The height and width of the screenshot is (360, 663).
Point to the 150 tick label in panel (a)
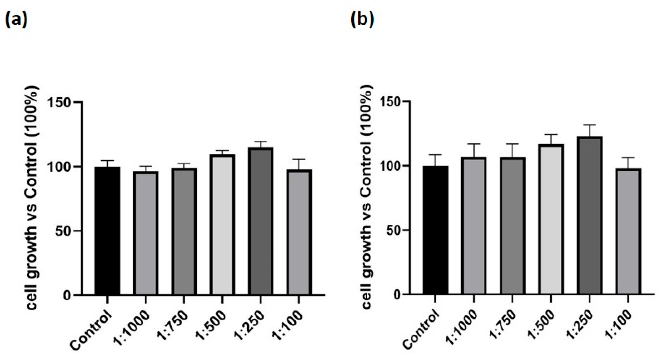[59, 102]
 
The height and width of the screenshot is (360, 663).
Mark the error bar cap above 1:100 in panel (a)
[299, 159]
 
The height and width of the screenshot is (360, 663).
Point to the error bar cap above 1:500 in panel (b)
[551, 135]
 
